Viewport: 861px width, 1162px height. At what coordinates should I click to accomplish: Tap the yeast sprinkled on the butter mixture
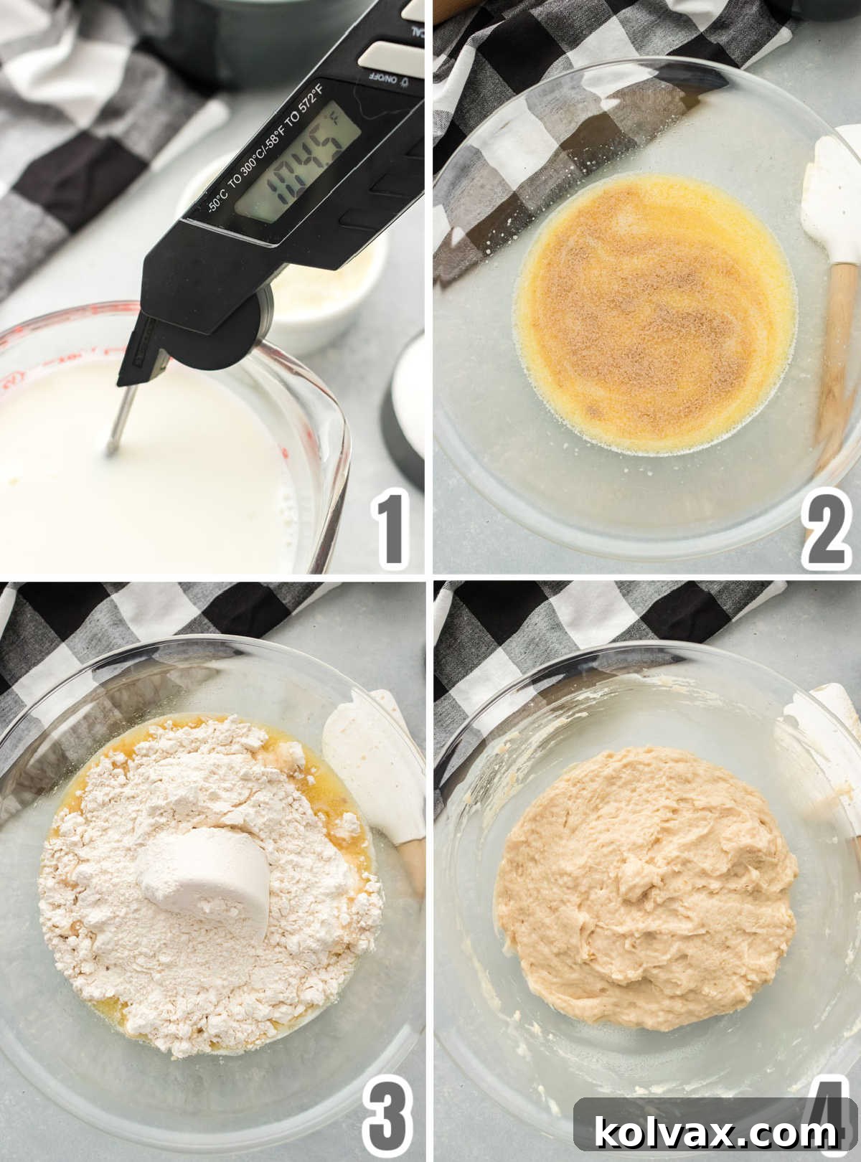coord(646,316)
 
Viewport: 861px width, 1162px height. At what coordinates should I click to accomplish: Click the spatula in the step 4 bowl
coord(825,739)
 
